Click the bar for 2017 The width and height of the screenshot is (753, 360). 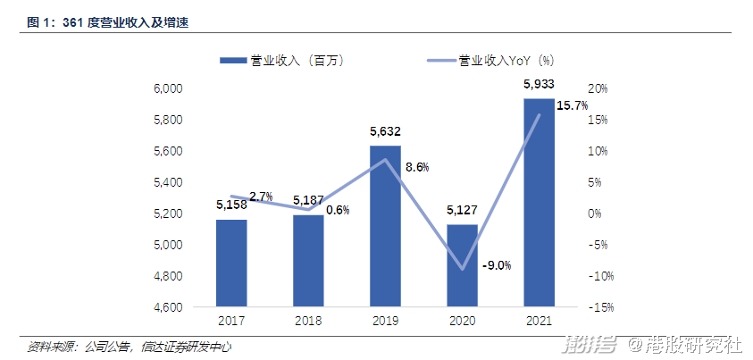[231, 264]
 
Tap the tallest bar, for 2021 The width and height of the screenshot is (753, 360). [540, 203]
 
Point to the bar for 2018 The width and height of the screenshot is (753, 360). [308, 261]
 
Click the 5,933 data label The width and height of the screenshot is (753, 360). [540, 84]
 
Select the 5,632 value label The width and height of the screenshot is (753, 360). [386, 131]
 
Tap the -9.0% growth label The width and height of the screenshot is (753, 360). [496, 265]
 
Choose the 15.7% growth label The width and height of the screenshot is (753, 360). [572, 105]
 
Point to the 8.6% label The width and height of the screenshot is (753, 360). [417, 166]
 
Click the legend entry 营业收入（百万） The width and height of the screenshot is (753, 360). [281, 61]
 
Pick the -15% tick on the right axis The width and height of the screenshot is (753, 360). [598, 307]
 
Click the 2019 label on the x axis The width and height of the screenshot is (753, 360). [386, 321]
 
